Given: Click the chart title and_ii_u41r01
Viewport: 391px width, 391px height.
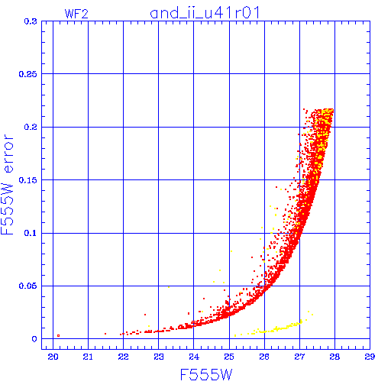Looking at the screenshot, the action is click(x=205, y=13).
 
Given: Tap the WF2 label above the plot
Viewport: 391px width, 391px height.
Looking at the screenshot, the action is click(x=76, y=14).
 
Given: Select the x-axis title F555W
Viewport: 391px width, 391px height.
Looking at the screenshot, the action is click(x=206, y=375).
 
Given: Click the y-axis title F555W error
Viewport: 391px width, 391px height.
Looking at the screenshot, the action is click(x=7, y=185).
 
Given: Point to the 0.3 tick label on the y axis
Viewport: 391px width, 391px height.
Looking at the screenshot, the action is click(x=31, y=21).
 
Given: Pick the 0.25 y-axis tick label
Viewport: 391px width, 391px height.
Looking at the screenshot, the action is click(x=28, y=74).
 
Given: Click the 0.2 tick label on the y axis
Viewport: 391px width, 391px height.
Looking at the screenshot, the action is click(x=31, y=127).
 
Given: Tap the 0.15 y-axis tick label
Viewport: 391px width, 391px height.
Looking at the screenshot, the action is click(x=28, y=180).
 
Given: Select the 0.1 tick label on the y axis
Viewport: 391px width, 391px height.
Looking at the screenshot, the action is click(x=31, y=233).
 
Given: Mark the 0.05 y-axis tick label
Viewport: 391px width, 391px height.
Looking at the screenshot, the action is click(x=28, y=286).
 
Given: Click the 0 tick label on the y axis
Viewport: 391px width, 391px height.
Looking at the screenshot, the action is click(x=34, y=339).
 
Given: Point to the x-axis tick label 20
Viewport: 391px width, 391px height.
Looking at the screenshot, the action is click(x=53, y=357).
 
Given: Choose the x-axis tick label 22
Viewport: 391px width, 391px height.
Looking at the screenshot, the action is click(x=123, y=357).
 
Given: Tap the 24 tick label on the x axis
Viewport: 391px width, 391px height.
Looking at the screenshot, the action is click(x=194, y=357).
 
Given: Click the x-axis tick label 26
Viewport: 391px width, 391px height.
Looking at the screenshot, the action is click(x=264, y=357).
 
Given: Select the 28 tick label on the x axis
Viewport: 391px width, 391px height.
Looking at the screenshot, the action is click(x=334, y=357).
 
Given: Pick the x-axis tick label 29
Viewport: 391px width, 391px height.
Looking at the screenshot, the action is click(x=370, y=357).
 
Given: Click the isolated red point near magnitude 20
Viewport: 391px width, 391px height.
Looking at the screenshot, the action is click(x=59, y=336).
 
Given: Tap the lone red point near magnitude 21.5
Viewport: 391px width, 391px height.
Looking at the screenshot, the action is click(x=105, y=334).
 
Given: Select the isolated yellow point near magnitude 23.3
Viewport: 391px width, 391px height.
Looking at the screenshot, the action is click(x=169, y=287).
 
